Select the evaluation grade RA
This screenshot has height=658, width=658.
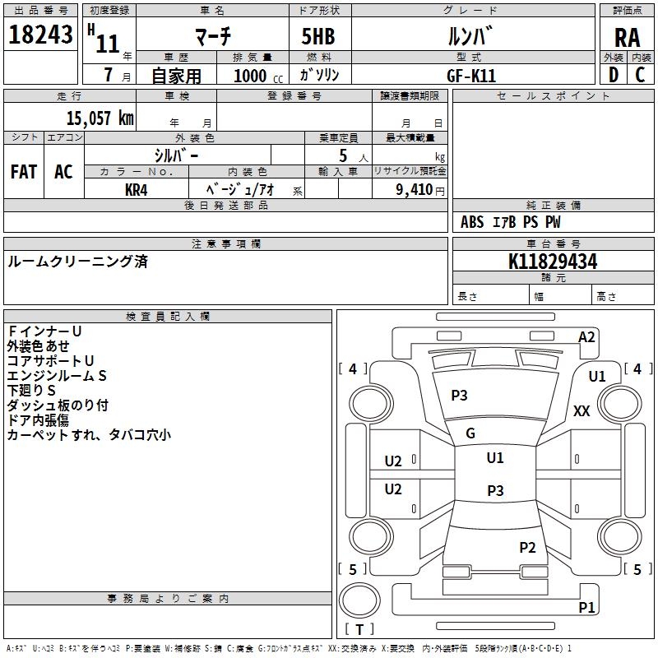pos(627,37)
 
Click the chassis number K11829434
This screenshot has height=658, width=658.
pos(553,262)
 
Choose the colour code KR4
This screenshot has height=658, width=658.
pos(137,189)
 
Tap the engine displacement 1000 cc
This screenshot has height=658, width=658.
pos(257,75)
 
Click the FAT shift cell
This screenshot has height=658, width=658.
pos(24,172)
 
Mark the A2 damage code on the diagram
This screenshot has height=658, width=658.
pos(586,336)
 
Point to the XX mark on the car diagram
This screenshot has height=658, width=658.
pos(582,411)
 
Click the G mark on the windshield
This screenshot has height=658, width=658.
pos(470,433)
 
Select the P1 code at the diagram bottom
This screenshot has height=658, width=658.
pos(586,608)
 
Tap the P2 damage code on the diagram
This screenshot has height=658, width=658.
pos(527,548)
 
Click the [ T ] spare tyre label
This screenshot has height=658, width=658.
pos(359,630)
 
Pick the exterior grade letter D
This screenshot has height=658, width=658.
pos(613,74)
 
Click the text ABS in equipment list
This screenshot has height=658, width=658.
pos(472,222)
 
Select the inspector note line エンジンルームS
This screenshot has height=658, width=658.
pos(57,376)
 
